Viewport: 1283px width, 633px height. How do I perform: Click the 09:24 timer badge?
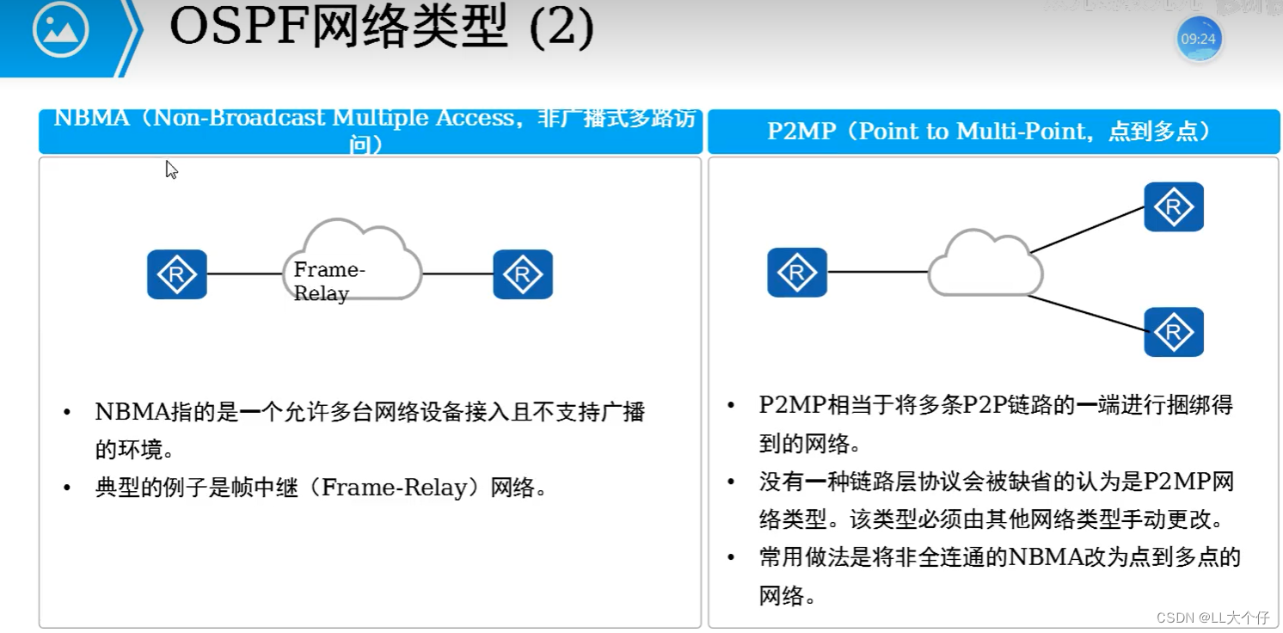pos(1199,40)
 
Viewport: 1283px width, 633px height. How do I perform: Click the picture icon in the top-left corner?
pos(60,30)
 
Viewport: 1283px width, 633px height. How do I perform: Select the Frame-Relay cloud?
pos(352,261)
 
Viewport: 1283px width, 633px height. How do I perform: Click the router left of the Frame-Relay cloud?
pos(177,274)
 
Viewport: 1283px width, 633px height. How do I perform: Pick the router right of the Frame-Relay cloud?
pos(523,274)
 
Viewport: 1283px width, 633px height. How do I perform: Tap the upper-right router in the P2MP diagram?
pos(1174,206)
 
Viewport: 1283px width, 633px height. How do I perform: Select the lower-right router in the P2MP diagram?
pos(1174,331)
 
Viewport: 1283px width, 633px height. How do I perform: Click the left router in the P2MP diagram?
pos(797,273)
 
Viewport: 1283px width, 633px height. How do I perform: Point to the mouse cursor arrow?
pos(171,169)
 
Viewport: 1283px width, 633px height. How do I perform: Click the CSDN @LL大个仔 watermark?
pos(1212,618)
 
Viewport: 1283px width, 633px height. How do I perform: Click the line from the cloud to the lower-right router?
pos(1087,313)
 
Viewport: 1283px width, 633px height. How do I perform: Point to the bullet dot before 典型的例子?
pos(67,489)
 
